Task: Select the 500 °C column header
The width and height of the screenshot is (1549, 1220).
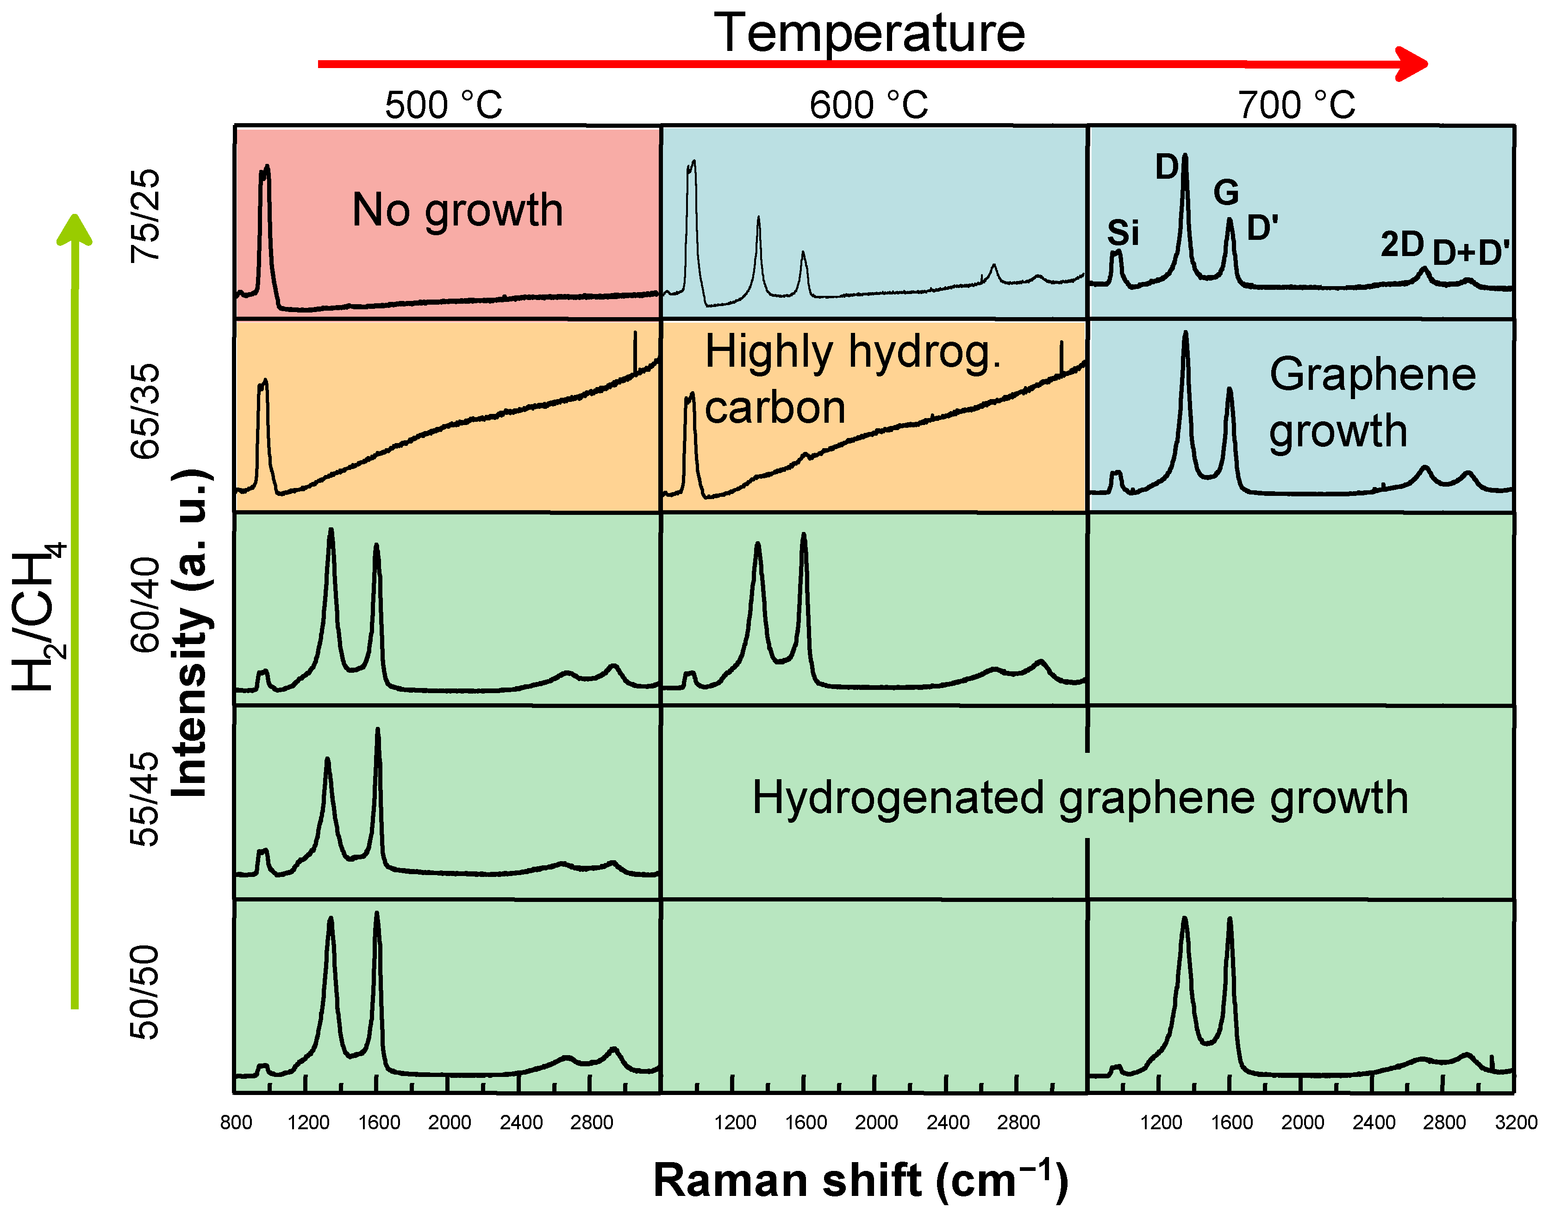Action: click(443, 105)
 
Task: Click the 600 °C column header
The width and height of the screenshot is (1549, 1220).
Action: click(868, 105)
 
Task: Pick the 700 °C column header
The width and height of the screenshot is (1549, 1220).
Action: click(1296, 105)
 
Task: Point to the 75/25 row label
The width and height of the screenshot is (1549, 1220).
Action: click(145, 216)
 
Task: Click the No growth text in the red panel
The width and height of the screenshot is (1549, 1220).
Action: click(457, 210)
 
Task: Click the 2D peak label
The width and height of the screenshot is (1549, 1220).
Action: click(1402, 245)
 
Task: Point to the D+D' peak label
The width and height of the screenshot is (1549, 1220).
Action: click(1471, 253)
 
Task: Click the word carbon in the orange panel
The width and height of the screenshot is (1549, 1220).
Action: click(775, 408)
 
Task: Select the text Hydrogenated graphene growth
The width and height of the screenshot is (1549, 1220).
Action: click(1080, 798)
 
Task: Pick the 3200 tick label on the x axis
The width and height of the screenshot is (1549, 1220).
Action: click(1515, 1122)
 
